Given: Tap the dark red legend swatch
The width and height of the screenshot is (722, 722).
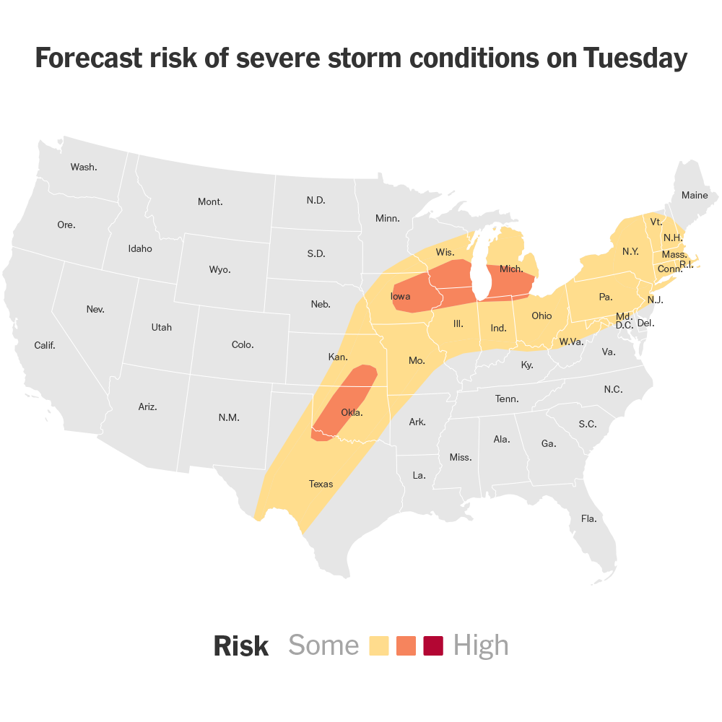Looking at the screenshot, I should tap(433, 645).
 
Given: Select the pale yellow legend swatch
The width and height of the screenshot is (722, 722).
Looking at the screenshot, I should tap(379, 645).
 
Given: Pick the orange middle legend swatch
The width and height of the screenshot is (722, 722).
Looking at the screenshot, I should tap(406, 645).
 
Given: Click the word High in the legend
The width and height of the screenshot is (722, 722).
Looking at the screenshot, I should tap(481, 645).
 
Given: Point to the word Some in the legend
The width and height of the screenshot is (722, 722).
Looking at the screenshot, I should tap(323, 645).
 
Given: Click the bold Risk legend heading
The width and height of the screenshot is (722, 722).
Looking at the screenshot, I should tap(241, 646).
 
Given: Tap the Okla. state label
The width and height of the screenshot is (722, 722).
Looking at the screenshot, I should tap(352, 413).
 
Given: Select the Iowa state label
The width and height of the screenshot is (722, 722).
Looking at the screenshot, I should tap(401, 296).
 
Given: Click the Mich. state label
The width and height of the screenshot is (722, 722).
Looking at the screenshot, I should tap(511, 269).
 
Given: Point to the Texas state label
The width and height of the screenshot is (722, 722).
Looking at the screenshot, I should tap(321, 484).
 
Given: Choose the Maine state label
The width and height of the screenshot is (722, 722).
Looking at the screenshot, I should tap(695, 195).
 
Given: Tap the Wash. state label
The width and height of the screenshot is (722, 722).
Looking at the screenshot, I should tap(84, 167).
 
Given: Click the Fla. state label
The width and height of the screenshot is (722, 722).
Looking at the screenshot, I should tap(589, 518).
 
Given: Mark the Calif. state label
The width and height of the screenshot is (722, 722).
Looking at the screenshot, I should tap(45, 345).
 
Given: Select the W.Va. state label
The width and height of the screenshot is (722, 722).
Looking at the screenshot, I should tap(571, 341).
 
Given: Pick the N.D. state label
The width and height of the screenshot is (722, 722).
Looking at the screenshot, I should tap(316, 200).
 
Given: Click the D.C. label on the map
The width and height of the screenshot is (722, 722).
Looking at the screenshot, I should tap(625, 326).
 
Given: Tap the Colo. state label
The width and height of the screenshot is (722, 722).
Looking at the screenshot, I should tap(243, 344).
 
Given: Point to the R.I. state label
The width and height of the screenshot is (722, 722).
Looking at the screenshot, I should tap(686, 265).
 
